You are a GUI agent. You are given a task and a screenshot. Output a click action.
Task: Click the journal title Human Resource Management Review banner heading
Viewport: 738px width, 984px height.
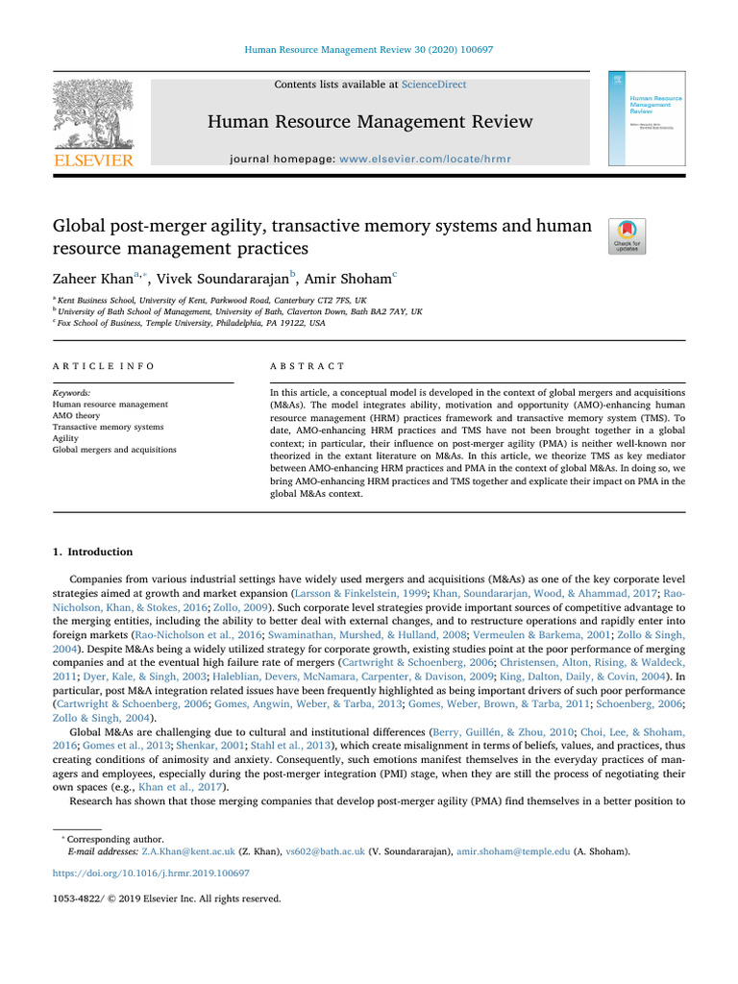371,121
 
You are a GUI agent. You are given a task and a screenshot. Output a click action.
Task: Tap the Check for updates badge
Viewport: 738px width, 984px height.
627,236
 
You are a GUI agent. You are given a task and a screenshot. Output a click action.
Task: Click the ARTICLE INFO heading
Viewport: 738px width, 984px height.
103,366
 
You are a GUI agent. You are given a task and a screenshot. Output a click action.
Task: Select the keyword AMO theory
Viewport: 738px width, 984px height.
81,415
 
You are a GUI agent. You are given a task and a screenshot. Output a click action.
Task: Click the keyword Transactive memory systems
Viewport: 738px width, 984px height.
108,427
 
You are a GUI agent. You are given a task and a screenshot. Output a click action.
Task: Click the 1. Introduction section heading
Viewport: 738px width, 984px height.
92,553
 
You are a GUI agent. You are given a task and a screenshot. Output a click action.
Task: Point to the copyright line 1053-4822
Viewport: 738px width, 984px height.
166,899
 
